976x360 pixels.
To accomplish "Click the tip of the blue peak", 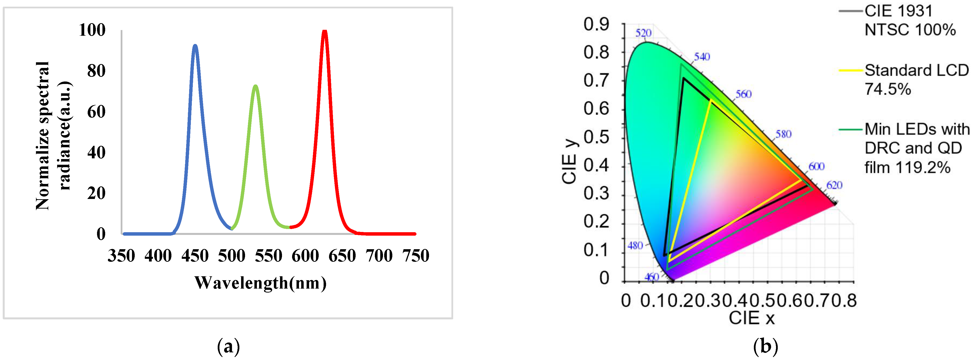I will (195, 46).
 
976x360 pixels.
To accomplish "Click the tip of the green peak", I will (255, 86).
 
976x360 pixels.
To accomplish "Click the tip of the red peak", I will (324, 31).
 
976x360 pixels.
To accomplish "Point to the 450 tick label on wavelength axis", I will (195, 256).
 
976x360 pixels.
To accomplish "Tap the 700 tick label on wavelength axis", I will (379, 256).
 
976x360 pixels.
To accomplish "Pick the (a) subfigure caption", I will (229, 346).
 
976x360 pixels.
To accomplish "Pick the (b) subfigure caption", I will (765, 346).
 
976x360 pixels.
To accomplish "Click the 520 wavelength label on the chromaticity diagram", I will (643, 33).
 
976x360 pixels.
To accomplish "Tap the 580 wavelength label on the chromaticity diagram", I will (783, 134).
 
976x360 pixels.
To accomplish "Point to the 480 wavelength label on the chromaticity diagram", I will (635, 245).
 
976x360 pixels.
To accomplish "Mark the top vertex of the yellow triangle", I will (711, 100).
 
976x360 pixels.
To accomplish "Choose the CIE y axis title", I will (569, 161).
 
